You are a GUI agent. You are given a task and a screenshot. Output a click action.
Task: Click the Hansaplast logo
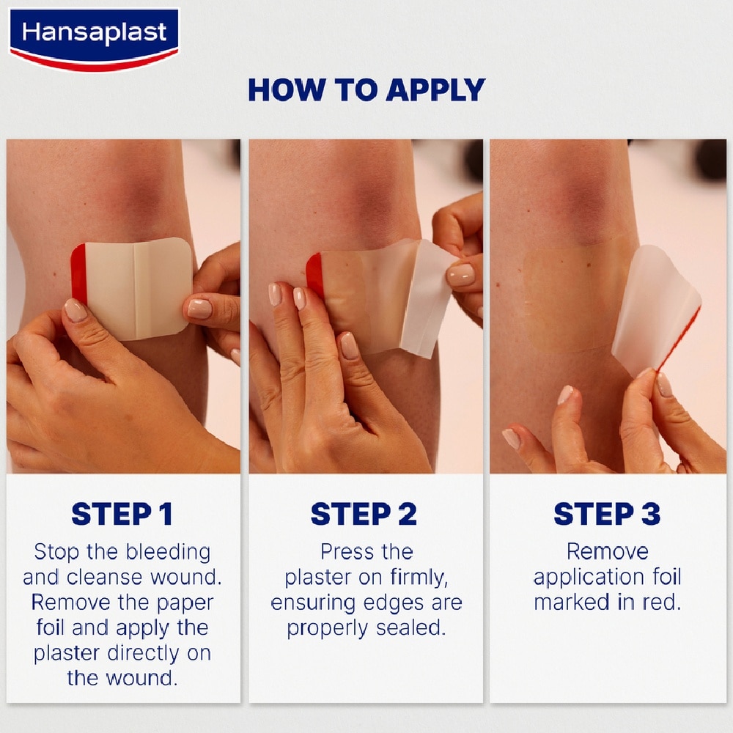(94, 37)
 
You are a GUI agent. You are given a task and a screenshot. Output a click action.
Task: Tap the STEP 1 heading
(122, 514)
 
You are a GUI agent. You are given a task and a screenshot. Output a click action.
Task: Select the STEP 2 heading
(364, 514)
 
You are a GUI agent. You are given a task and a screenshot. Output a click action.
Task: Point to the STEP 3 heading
(607, 514)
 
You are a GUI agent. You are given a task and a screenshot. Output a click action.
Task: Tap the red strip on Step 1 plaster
(78, 274)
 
